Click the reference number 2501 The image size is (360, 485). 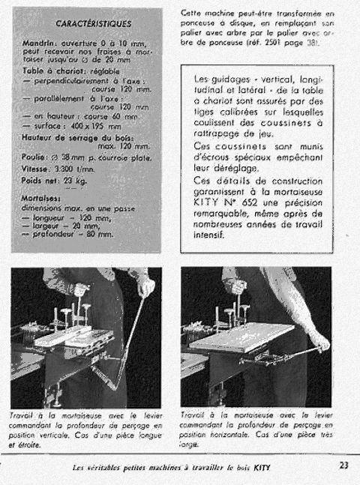click(270, 44)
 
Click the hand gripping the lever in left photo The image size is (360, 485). click(145, 287)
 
